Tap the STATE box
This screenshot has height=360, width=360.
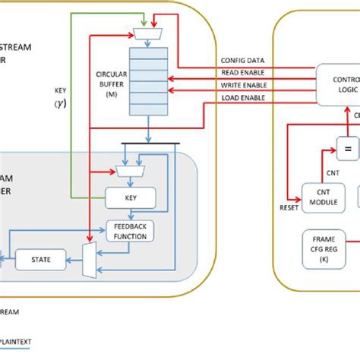[x=41, y=260]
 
